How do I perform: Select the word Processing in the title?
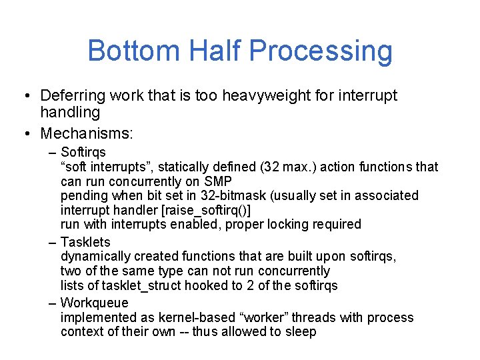coord(327,51)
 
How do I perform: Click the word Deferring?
coord(73,96)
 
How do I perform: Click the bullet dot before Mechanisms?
coord(25,134)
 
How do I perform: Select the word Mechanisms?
coord(87,134)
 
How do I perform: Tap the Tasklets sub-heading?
coord(85,242)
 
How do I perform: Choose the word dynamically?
coord(95,257)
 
